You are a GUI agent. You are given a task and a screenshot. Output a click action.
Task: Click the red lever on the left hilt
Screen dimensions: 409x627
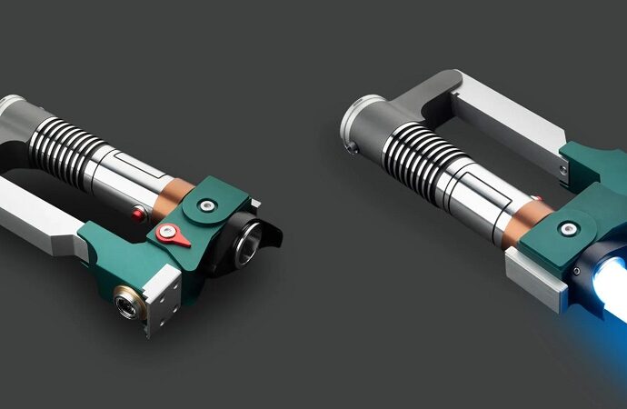pos(172,234)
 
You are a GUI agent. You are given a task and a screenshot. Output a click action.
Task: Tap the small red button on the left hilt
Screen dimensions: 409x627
pos(138,214)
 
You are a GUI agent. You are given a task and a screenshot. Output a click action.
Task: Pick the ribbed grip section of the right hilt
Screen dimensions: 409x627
pos(421,158)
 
